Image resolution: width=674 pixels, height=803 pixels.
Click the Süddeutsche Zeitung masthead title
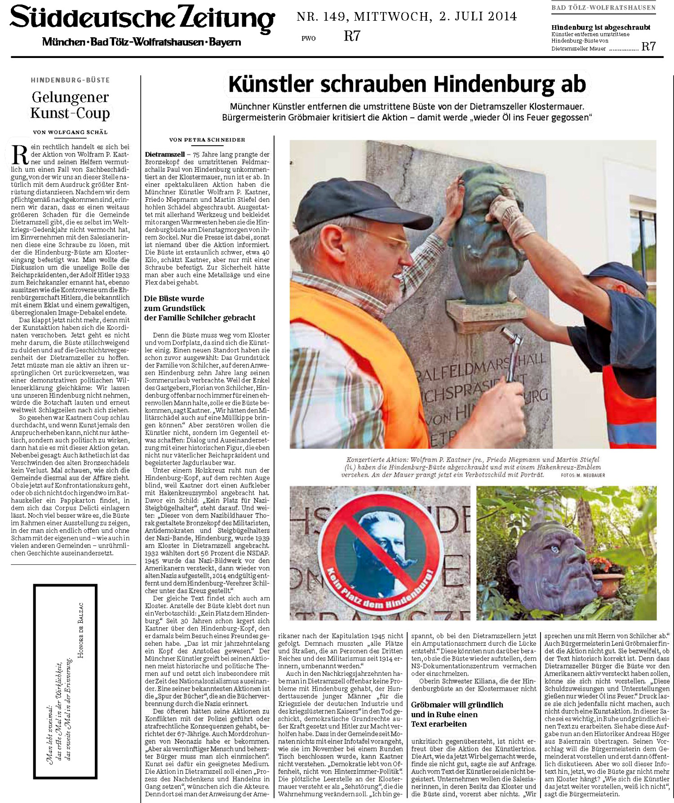tap(142, 19)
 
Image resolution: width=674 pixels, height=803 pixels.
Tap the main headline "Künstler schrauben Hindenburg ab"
tap(407, 84)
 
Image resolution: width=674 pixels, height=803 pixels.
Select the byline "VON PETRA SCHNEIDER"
tap(207, 140)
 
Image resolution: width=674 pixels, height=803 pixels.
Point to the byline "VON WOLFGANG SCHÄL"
tap(70, 132)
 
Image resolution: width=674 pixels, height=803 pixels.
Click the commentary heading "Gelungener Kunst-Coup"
tap(70, 105)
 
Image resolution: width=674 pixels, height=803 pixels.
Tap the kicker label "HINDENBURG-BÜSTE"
tap(70, 80)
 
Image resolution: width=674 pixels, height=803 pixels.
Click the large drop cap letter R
tap(20, 155)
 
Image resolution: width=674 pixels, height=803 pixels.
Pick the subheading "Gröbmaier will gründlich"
tap(457, 705)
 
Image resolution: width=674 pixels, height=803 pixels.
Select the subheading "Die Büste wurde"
tap(174, 298)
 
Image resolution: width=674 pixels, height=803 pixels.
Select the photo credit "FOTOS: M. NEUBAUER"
tap(583, 475)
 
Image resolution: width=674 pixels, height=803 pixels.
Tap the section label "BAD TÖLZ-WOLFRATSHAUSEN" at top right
tap(603, 8)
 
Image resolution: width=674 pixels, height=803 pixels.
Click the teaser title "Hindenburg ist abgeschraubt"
tap(601, 27)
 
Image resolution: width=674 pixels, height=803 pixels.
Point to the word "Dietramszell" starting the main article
tap(164, 155)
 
